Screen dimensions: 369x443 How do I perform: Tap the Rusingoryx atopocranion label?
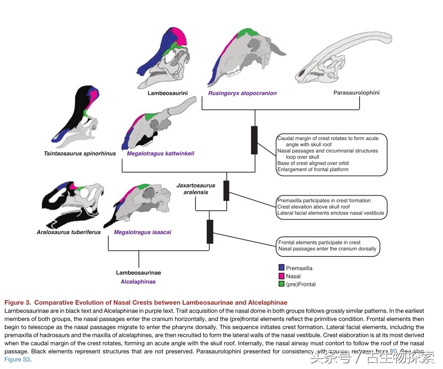[x=242, y=93]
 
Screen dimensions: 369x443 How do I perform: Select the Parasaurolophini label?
[x=356, y=92]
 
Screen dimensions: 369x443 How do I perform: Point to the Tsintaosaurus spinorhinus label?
[x=80, y=153]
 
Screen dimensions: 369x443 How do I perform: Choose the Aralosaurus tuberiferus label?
[x=68, y=232]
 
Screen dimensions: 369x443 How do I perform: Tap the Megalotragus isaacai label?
[x=143, y=232]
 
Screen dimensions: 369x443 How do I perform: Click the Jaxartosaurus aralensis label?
[x=196, y=189]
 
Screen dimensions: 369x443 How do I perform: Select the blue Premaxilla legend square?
[x=281, y=268]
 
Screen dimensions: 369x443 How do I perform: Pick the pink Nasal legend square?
[x=281, y=276]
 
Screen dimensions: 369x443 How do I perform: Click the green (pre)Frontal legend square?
[x=281, y=284]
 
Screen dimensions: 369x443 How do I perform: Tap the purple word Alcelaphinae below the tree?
[x=138, y=282]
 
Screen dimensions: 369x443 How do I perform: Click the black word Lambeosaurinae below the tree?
[x=138, y=273]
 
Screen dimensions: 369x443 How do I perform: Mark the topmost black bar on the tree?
[x=254, y=140]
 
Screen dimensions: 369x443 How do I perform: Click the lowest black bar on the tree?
[x=210, y=232]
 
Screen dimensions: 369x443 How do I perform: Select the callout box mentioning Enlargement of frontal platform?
[x=332, y=154]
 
